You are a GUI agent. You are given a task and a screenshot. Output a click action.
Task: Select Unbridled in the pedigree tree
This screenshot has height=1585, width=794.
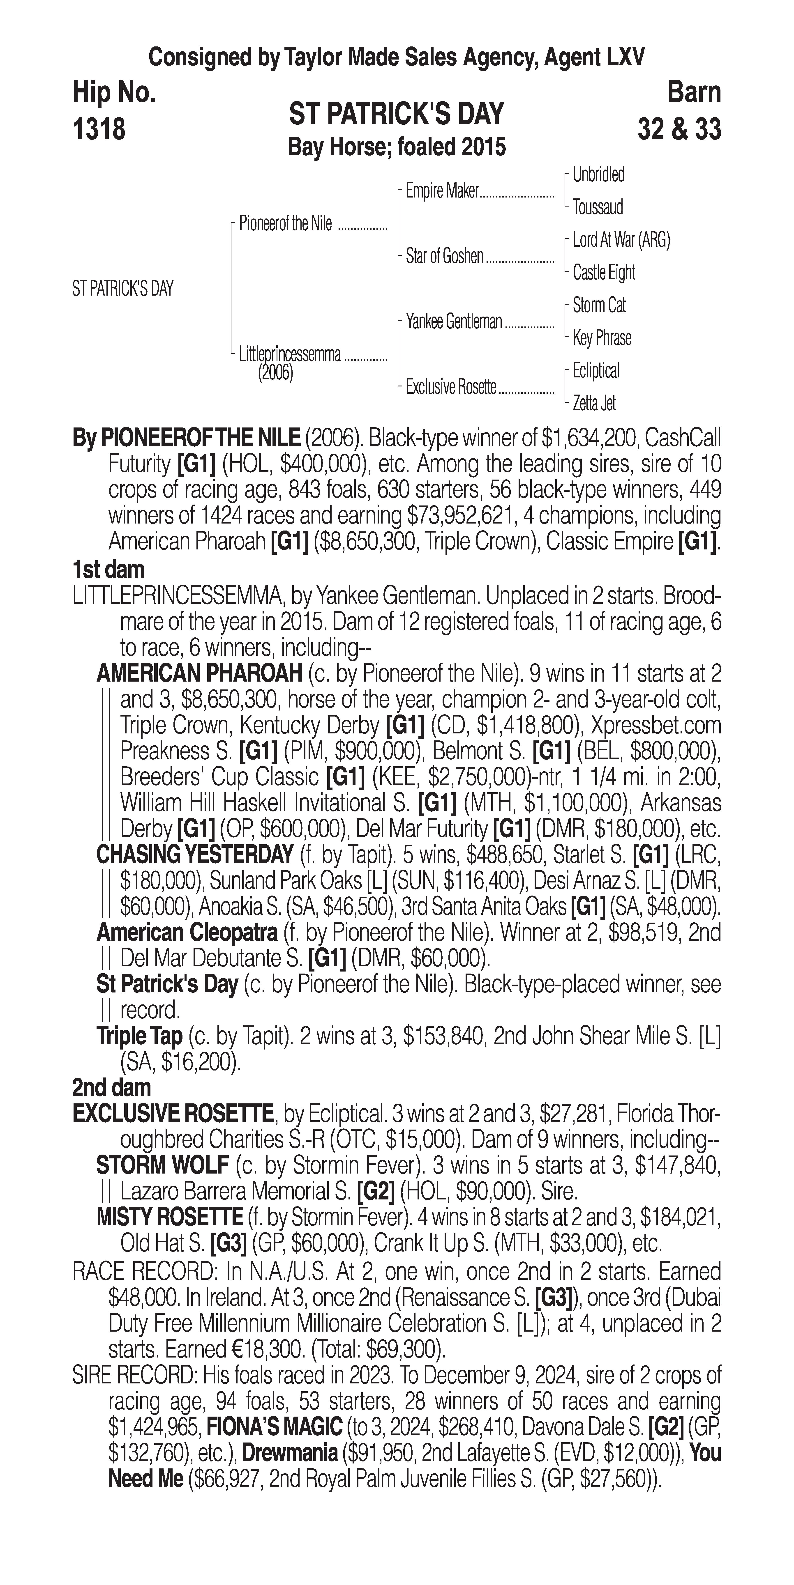pos(598,175)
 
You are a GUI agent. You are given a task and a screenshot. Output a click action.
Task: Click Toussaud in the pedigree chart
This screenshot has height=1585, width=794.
pos(598,207)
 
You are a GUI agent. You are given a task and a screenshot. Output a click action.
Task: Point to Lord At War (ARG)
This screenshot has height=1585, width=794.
pos(621,240)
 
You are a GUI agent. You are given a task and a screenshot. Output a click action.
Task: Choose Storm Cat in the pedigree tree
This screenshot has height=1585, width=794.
pos(599,305)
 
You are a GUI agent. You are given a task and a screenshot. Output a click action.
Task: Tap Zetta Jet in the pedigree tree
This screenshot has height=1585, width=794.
pos(594,404)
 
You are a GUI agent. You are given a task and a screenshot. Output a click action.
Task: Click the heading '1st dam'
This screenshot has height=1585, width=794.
pos(108,570)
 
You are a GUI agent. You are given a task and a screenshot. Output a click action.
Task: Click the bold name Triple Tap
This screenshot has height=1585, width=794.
pos(140,1036)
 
